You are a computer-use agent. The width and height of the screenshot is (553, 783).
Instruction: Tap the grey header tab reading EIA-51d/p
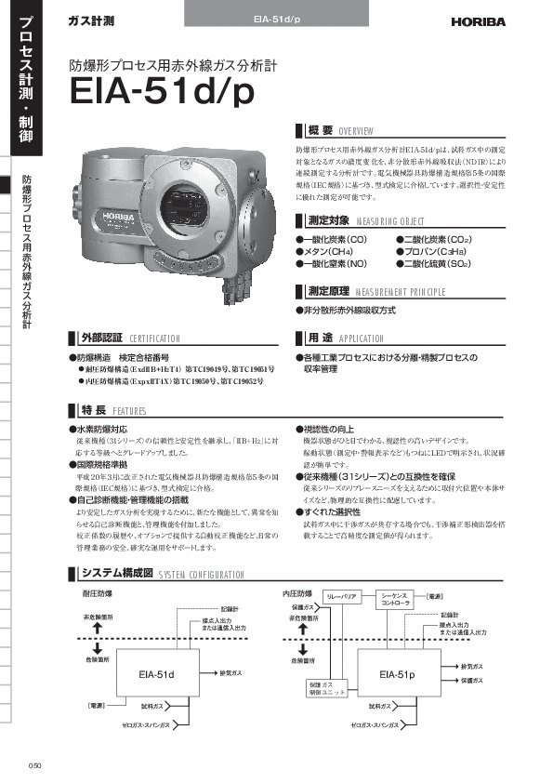(x=276, y=19)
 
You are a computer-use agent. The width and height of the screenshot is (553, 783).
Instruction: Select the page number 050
(x=35, y=765)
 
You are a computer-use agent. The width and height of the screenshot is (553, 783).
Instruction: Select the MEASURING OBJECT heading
(x=361, y=221)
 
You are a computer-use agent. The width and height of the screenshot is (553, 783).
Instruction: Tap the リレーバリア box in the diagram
(x=341, y=595)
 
